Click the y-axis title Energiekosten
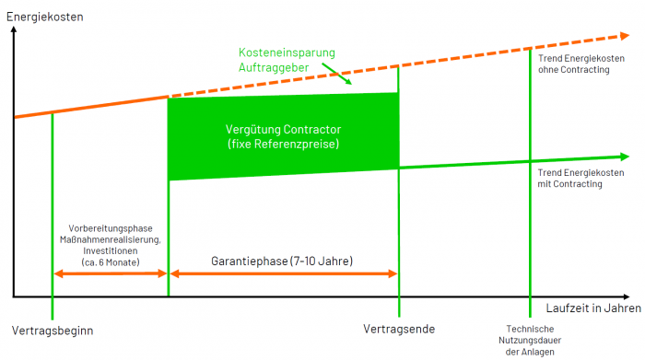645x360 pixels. tap(45, 17)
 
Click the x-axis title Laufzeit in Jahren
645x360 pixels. tap(593, 308)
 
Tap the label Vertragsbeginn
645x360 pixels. tap(53, 331)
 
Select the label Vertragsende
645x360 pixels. tap(399, 330)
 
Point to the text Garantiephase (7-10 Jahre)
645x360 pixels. tap(282, 261)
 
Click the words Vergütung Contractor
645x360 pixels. tap(283, 130)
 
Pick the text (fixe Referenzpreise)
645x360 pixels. tap(283, 144)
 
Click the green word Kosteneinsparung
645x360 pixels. tap(287, 53)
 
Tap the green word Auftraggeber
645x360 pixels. tap(274, 68)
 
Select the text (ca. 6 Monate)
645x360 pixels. tap(111, 262)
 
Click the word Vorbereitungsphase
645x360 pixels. tap(111, 228)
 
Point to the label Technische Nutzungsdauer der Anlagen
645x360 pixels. tap(530, 341)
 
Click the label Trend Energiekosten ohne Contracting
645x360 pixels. tap(581, 64)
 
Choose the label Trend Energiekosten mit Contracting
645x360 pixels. tap(580, 179)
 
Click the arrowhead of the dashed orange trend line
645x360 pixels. tap(625, 36)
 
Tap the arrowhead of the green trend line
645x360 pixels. tap(625, 157)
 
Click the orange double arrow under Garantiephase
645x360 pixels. tap(284, 273)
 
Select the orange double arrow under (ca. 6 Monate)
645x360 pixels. tap(111, 273)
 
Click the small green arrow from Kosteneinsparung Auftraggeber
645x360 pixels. tap(336, 74)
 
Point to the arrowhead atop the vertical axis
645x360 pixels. tap(14, 29)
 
